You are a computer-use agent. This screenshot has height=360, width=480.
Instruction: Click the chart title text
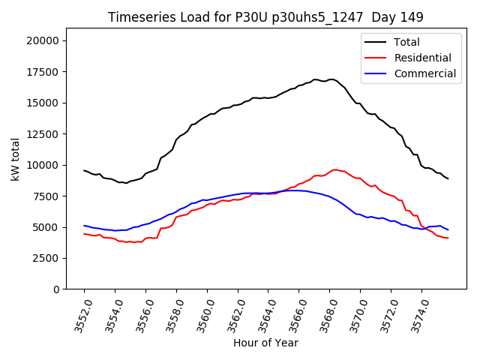(265, 17)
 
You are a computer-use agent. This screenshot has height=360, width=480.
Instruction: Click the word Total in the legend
(407, 42)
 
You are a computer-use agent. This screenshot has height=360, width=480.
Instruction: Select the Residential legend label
(423, 58)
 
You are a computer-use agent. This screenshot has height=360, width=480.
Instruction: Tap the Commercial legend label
(425, 73)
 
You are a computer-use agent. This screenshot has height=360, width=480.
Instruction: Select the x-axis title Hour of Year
(265, 343)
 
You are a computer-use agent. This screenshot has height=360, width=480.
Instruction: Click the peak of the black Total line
(331, 79)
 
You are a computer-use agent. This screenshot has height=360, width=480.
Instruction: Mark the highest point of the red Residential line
(334, 169)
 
